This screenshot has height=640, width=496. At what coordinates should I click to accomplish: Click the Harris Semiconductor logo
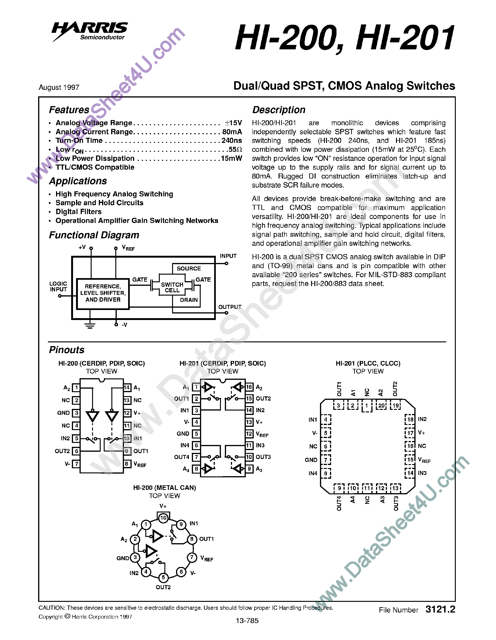[x=90, y=31]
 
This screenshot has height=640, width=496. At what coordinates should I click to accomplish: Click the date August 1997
[x=59, y=87]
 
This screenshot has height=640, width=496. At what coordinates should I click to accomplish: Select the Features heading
[x=69, y=110]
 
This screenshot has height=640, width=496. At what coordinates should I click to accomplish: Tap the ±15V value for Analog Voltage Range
[x=233, y=123]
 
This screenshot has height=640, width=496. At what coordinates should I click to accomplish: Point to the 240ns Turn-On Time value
[x=232, y=141]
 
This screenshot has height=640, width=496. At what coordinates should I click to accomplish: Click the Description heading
[x=279, y=110]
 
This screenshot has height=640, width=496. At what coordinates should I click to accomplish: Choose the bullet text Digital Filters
[x=78, y=212]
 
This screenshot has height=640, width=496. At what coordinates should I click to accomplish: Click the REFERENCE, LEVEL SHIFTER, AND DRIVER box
[x=103, y=293]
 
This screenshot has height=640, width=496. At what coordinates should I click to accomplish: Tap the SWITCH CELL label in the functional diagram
[x=172, y=287]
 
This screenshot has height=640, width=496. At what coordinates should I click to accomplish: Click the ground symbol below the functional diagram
[x=90, y=326]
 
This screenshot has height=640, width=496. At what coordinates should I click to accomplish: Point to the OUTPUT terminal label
[x=230, y=307]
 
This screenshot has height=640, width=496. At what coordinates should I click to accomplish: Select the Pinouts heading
[x=67, y=350]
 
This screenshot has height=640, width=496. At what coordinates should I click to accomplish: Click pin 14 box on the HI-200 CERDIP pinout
[x=127, y=388]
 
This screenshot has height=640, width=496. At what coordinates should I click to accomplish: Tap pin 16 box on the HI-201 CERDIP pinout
[x=249, y=387]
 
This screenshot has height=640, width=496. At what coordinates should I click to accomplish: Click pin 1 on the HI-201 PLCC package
[x=366, y=406]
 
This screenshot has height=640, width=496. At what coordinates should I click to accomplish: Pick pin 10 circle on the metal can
[x=163, y=518]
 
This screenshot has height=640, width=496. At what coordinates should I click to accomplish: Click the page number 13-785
[x=247, y=620]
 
